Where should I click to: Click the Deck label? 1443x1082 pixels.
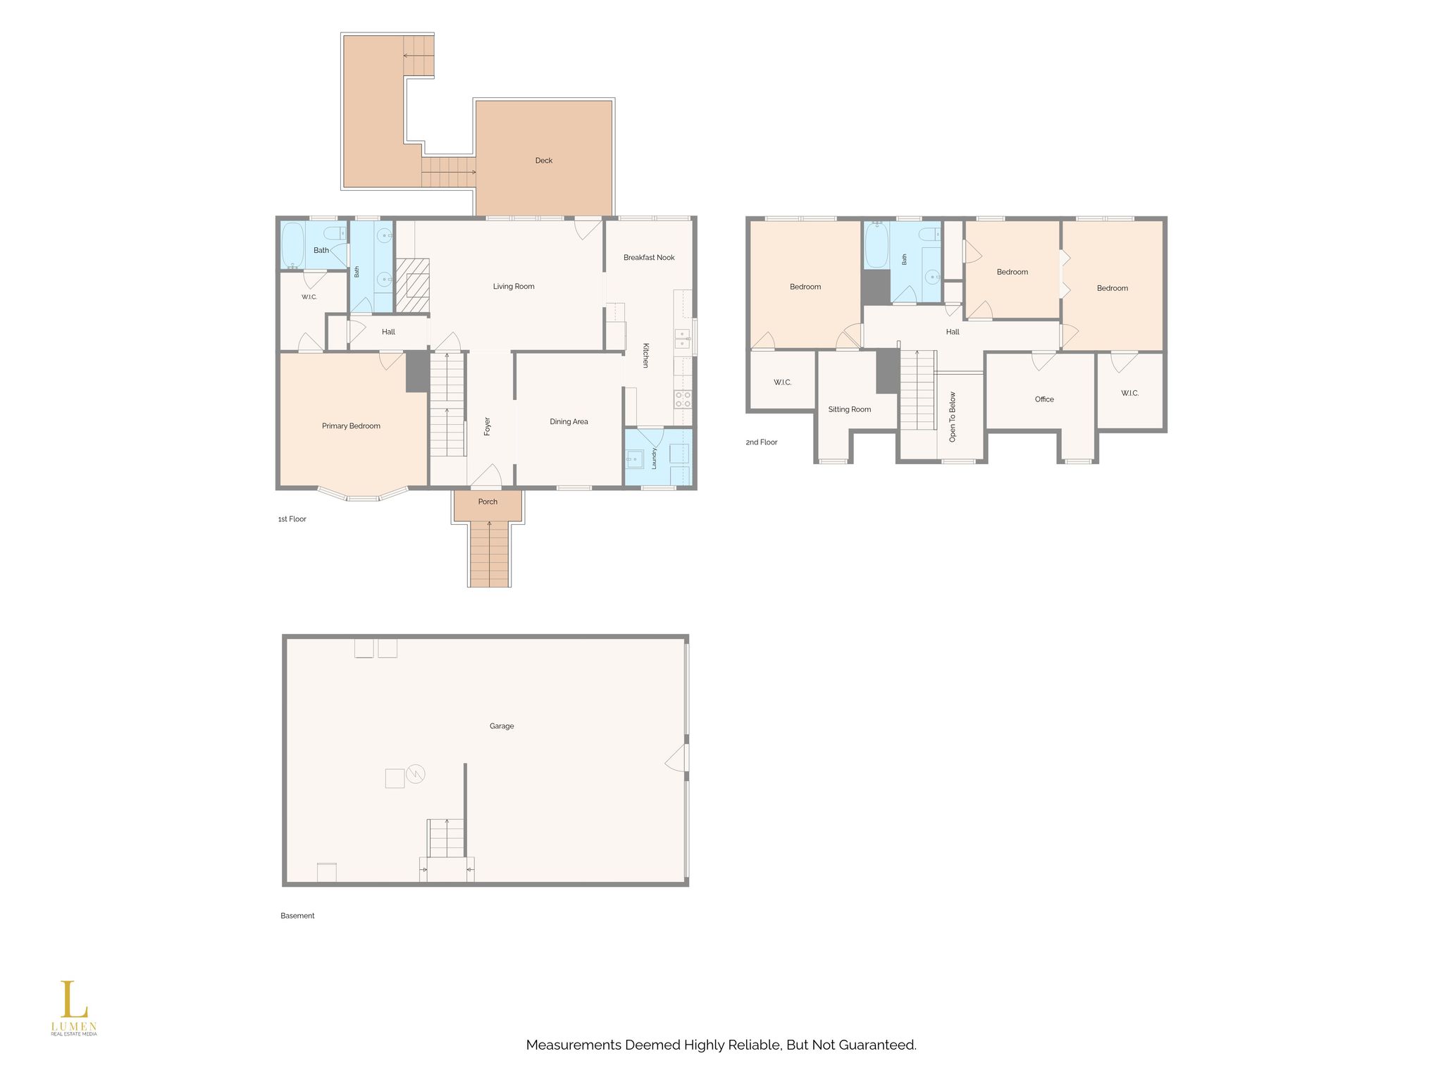pos(544,161)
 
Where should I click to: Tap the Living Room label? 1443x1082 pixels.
pos(514,287)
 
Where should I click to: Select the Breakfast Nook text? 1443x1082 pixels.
pos(649,258)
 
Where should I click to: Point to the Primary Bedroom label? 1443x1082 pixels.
pos(351,426)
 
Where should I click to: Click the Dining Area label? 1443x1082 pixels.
pos(569,422)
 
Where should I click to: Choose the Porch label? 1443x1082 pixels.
pos(488,502)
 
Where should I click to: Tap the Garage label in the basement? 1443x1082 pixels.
pos(502,726)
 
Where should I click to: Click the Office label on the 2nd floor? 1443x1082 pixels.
pos(1044,399)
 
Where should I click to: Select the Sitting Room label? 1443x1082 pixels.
pos(850,409)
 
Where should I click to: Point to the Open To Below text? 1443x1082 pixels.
pos(953,417)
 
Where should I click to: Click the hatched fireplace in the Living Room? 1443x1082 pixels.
pos(412,285)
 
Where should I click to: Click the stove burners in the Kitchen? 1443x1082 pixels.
pos(683,400)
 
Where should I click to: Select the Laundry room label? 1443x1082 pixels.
pos(655,459)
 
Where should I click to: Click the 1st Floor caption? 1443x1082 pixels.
pos(292,519)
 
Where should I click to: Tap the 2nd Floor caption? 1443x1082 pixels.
pos(762,442)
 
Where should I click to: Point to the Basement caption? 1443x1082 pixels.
pos(297,916)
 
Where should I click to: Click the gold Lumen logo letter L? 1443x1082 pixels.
pos(73,1000)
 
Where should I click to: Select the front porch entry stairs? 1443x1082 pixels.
pos(489,554)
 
